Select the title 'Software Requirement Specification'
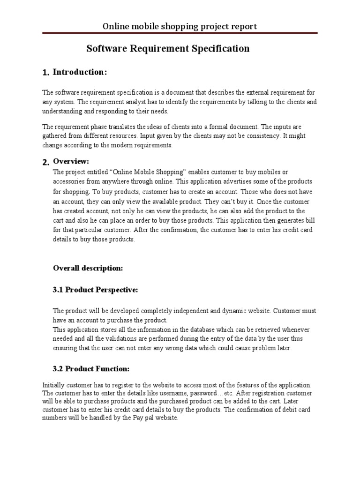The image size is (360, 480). pos(168,48)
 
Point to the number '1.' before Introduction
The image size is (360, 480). pos(45,73)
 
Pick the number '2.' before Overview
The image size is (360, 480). pos(45,162)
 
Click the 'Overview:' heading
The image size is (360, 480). pos(71,161)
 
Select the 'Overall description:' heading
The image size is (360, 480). pos(88,268)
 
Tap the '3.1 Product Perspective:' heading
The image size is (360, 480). pos(95,290)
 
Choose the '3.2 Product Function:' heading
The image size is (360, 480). pos(91,368)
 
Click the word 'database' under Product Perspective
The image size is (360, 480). pos(198,330)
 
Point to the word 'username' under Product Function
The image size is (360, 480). pos(167,393)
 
